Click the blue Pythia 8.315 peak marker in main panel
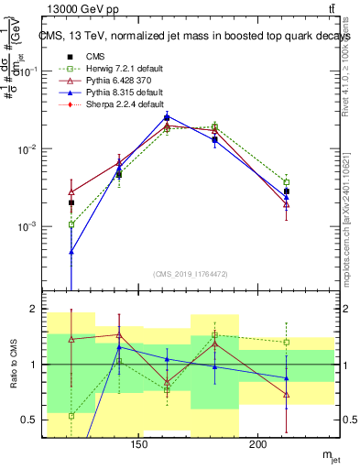click(x=167, y=116)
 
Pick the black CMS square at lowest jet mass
click(x=71, y=202)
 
